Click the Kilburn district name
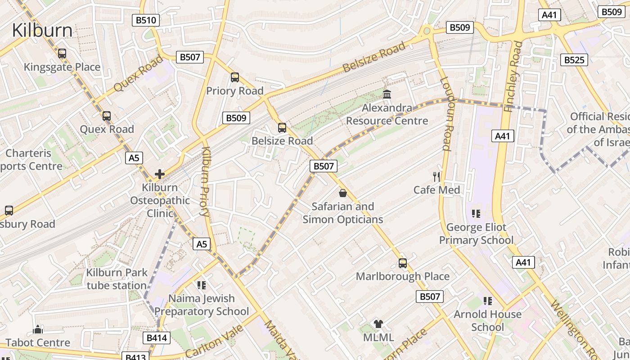pos(42,31)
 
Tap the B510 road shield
pos(146,20)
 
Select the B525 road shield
pos(574,59)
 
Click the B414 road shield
pos(157,338)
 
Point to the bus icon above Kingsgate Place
pos(62,54)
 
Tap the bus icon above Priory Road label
pos(235,77)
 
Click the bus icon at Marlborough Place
pos(403,263)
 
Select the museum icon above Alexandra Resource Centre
pos(387,94)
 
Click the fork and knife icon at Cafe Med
pos(436,176)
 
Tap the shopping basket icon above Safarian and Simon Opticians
pos(343,193)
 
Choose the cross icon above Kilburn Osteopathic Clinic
pos(160,174)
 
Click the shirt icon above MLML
pos(378,324)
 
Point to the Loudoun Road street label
pos(445,113)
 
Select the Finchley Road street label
pos(513,76)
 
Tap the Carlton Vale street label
pos(214,342)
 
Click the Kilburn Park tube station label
pos(117,279)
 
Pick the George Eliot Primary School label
pos(476,234)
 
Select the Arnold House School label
pos(487,320)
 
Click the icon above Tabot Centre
pos(38,330)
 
